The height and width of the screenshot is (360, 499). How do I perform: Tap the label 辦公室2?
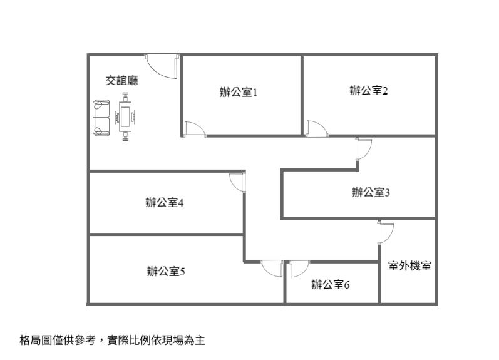(x=369, y=91)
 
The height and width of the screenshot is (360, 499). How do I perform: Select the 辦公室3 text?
(x=371, y=192)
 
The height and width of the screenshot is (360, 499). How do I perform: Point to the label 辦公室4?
(x=163, y=203)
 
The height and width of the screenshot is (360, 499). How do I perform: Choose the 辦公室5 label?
(x=165, y=271)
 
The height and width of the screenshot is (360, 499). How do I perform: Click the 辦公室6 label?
(x=330, y=285)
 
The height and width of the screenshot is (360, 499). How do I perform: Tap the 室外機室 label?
(x=409, y=265)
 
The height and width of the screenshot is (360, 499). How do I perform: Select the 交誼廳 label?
(x=121, y=80)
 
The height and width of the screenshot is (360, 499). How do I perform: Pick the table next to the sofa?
(x=126, y=117)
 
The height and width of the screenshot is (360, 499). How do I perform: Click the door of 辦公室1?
(x=195, y=128)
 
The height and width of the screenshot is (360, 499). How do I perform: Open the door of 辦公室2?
(x=316, y=128)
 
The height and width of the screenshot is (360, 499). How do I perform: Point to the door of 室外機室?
(x=386, y=232)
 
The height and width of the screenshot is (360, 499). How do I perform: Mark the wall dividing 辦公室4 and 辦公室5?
(x=166, y=234)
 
